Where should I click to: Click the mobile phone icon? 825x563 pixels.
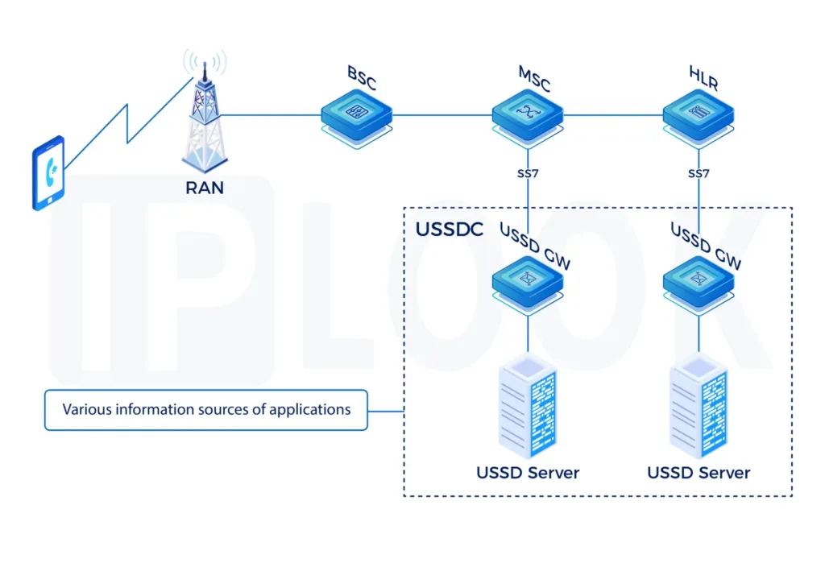coord(48,172)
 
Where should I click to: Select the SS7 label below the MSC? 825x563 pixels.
coord(528,173)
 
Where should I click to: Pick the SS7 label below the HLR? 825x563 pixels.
coord(699,173)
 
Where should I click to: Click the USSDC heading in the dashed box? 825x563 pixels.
coord(449,230)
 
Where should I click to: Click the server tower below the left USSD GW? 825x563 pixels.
coord(527,407)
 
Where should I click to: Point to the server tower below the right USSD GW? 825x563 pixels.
coord(698,407)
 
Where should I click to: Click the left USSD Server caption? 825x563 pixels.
coord(527,473)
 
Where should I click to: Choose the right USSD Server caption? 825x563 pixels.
coord(699,473)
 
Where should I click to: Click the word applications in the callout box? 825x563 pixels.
coord(309,410)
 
